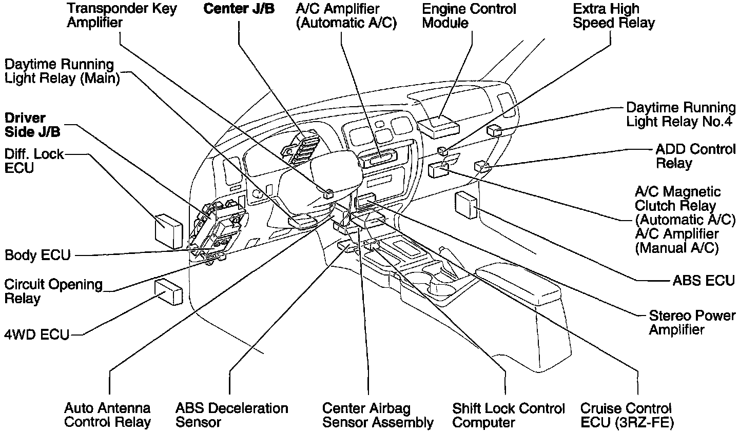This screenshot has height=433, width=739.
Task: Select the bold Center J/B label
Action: [x=239, y=9]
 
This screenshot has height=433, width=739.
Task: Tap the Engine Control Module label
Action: [x=469, y=16]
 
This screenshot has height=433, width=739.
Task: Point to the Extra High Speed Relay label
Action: [x=613, y=16]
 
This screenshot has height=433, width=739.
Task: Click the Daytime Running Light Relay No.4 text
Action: [x=680, y=115]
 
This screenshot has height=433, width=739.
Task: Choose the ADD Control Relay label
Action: [x=695, y=156]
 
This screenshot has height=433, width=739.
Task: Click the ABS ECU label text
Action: [x=704, y=281]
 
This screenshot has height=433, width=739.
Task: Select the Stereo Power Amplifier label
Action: [x=692, y=322]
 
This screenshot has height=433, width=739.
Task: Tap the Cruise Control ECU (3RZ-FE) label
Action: [x=626, y=416]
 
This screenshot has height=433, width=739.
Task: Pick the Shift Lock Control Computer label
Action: [x=508, y=416]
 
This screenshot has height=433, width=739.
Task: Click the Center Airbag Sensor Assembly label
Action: [x=378, y=416]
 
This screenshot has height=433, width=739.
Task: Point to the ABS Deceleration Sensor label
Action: [x=231, y=416]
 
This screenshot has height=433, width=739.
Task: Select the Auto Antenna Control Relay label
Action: [x=107, y=416]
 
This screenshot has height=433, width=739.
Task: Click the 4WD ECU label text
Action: [x=37, y=335]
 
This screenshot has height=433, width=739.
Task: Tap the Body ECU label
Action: [x=37, y=255]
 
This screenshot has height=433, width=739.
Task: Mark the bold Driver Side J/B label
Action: [x=32, y=125]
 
